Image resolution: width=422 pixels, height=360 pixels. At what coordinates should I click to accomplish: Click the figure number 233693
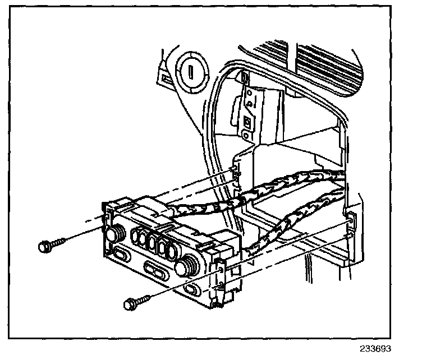pos(375,348)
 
